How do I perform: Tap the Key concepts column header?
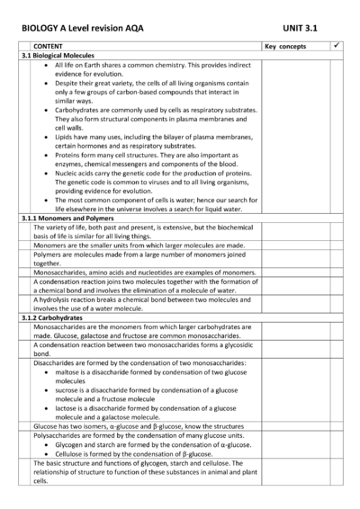coord(286,46)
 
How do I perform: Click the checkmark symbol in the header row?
coord(336,45)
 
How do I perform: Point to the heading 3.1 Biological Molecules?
coord(61,56)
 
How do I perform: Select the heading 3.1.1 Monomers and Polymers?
coord(67,219)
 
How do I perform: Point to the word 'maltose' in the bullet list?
coord(67,371)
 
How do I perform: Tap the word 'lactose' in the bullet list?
coord(67,406)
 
